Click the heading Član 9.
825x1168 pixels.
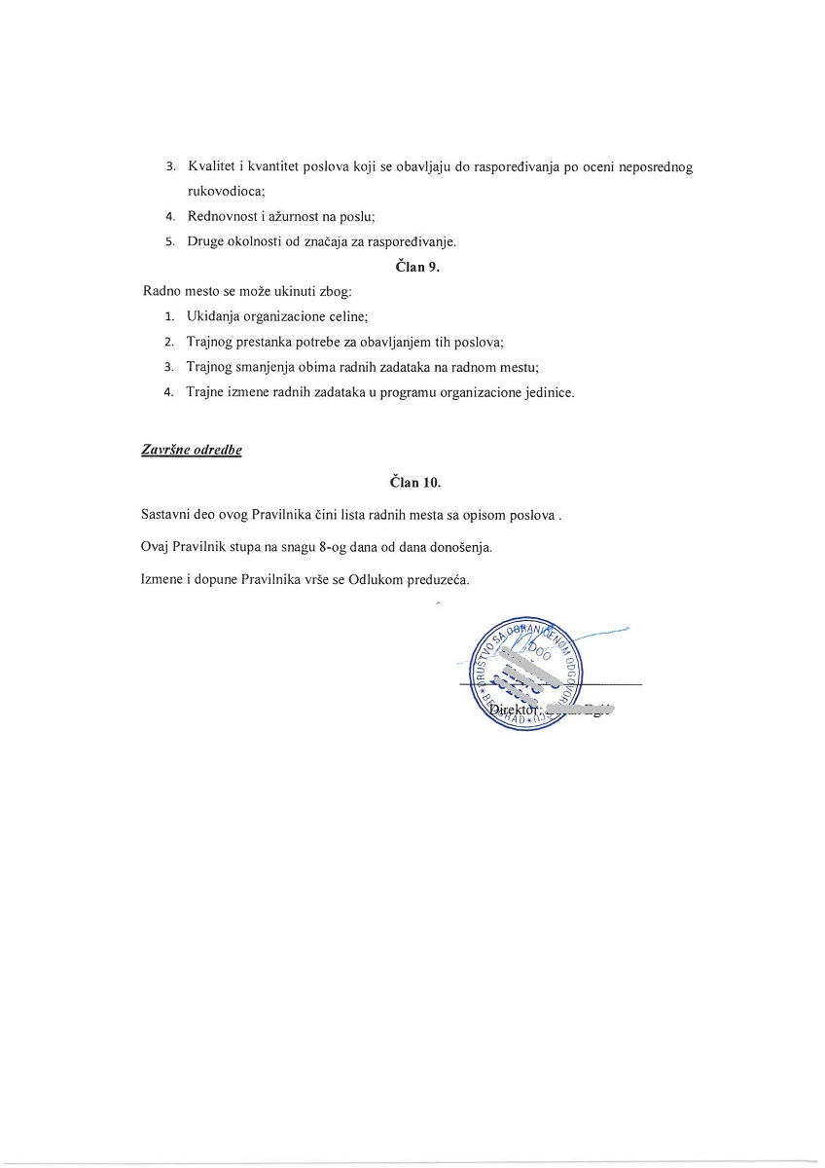coord(418,268)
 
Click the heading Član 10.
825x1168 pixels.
coord(415,482)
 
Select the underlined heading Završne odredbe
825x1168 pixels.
coord(192,451)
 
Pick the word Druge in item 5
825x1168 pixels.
coord(206,242)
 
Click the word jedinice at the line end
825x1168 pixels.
coord(549,393)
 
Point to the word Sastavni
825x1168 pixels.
coord(166,516)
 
